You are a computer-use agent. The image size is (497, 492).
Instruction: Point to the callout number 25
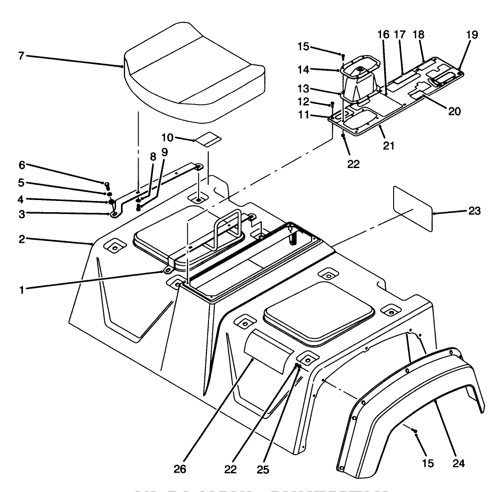click(263, 469)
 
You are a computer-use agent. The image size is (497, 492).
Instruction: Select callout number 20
click(454, 111)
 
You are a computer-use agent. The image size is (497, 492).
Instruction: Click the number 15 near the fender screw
click(428, 463)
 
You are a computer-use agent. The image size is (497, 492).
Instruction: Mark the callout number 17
click(400, 34)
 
